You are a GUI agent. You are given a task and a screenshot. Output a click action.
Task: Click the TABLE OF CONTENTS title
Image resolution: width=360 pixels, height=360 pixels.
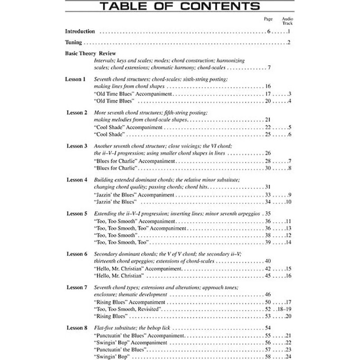180,6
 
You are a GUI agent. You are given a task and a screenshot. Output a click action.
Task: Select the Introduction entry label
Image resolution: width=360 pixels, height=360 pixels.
80,32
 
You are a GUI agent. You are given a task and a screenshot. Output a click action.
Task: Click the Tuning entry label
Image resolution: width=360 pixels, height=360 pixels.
73,43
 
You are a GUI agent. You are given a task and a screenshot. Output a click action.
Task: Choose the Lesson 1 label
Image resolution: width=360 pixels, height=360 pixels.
75,79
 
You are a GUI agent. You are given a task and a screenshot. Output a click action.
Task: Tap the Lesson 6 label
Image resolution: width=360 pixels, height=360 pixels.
76,254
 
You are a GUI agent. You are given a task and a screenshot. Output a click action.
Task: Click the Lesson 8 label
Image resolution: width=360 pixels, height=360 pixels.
76,328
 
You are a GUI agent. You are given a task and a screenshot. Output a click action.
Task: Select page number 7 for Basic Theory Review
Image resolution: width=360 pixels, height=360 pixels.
268,68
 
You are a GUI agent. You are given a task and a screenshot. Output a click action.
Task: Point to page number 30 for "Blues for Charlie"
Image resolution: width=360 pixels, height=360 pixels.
268,168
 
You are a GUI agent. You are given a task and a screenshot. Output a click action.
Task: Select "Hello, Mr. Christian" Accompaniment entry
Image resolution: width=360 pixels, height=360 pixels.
138,269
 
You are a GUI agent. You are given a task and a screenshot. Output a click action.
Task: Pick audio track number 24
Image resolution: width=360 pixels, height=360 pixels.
288,356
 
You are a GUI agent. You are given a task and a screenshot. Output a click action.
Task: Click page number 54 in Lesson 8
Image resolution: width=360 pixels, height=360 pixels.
268,328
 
